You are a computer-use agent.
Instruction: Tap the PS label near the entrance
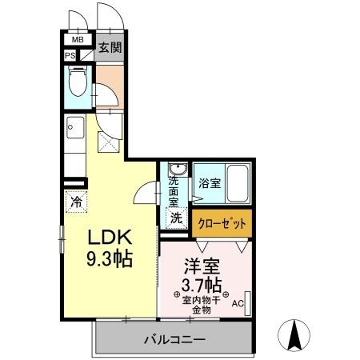70,56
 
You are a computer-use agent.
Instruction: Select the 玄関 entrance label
110,46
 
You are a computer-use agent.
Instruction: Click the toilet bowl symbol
79,83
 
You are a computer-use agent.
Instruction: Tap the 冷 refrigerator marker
76,203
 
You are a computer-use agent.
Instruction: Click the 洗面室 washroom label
174,192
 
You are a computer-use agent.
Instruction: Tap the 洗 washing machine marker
176,217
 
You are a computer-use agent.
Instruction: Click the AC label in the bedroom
237,304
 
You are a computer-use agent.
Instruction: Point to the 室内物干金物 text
202,304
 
